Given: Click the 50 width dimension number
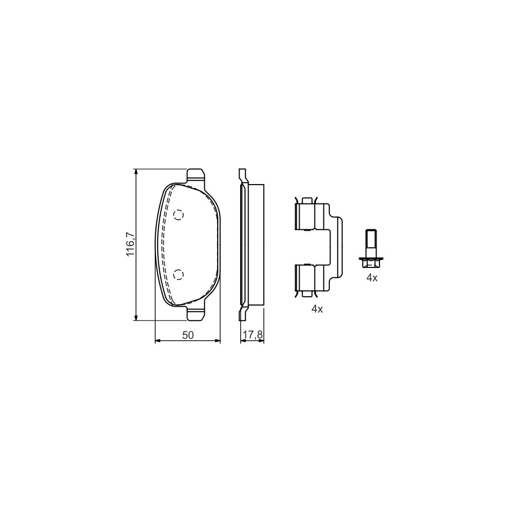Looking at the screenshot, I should [x=187, y=335].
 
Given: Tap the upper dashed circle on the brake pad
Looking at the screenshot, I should [x=179, y=215].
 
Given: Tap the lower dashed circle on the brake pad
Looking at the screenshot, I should [x=179, y=274].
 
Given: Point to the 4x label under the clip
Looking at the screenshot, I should [x=317, y=309].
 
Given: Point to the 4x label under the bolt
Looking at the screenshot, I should [x=372, y=278].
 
